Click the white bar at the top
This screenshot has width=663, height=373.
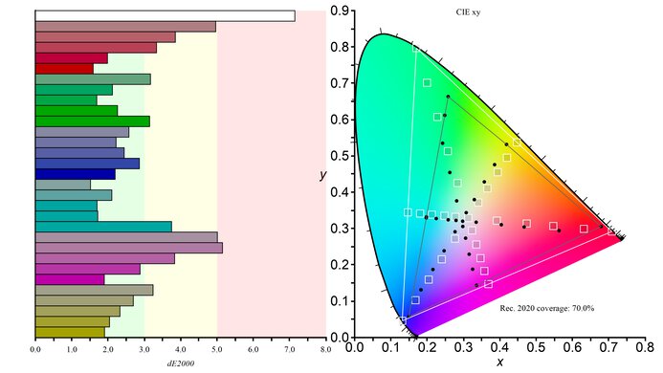point(165,15)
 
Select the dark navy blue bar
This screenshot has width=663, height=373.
point(75,174)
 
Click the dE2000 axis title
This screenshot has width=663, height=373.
point(181,364)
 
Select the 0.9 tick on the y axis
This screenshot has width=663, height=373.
point(340,11)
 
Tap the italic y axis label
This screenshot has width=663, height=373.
point(323,175)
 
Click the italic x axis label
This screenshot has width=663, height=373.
point(499,364)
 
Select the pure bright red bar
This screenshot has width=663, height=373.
point(64,69)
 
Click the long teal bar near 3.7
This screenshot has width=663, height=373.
point(103,227)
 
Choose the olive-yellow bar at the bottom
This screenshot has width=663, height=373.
point(70,332)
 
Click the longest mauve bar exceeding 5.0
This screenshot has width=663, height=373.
point(128,248)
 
